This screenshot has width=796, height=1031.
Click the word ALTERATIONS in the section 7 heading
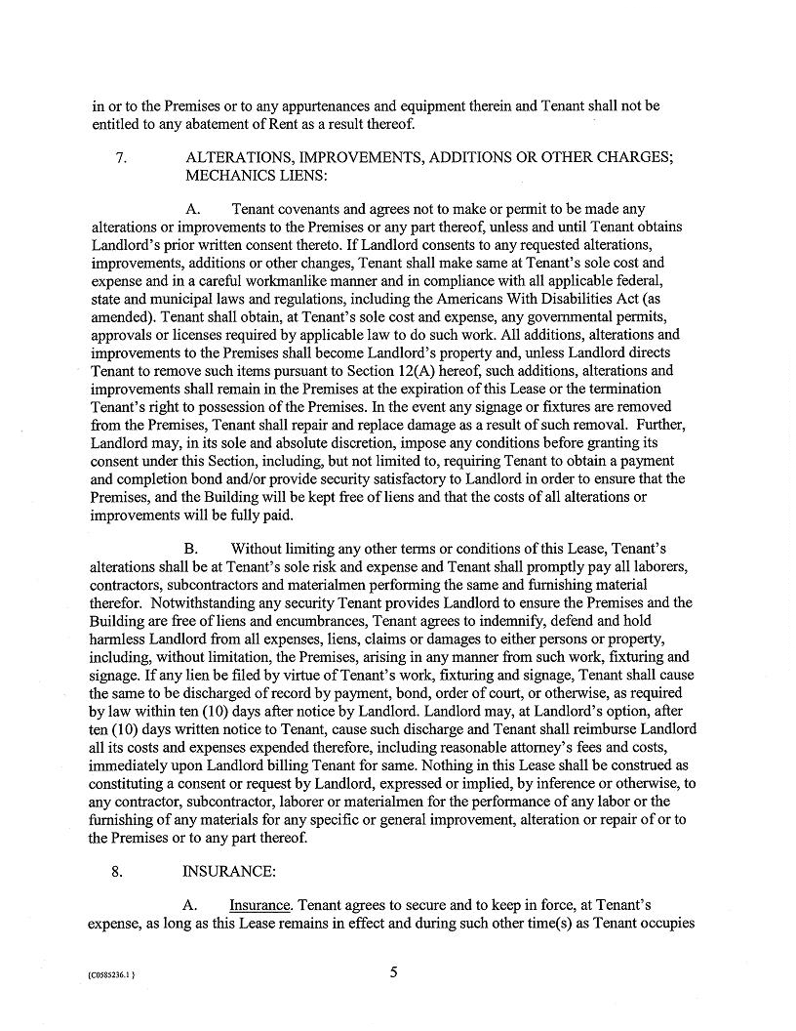point(238,159)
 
